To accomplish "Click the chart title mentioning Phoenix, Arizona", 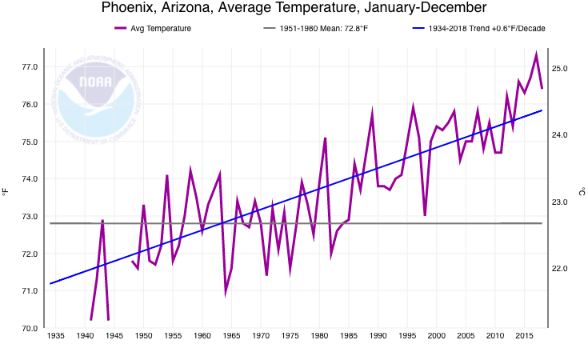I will pyautogui.click(x=294, y=9).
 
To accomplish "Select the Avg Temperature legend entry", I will pyautogui.click(x=153, y=29).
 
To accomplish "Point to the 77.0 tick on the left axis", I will pyautogui.click(x=29, y=67).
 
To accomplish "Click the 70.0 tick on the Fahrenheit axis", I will pyautogui.click(x=29, y=328).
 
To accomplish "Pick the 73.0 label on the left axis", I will pyautogui.click(x=29, y=216).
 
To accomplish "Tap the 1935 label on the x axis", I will pyautogui.click(x=56, y=336).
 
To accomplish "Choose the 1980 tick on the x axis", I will pyautogui.click(x=319, y=336).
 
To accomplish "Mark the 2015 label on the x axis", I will pyautogui.click(x=524, y=336).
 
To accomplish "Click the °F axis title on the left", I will pyautogui.click(x=6, y=192).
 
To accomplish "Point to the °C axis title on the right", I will pyautogui.click(x=582, y=192).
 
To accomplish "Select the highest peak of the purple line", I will pyautogui.click(x=536, y=54).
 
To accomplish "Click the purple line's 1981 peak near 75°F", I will pyautogui.click(x=326, y=138).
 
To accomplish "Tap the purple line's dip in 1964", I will pyautogui.click(x=226, y=293).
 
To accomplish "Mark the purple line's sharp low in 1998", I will pyautogui.click(x=425, y=215).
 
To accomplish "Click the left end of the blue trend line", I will pyautogui.click(x=50, y=283).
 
